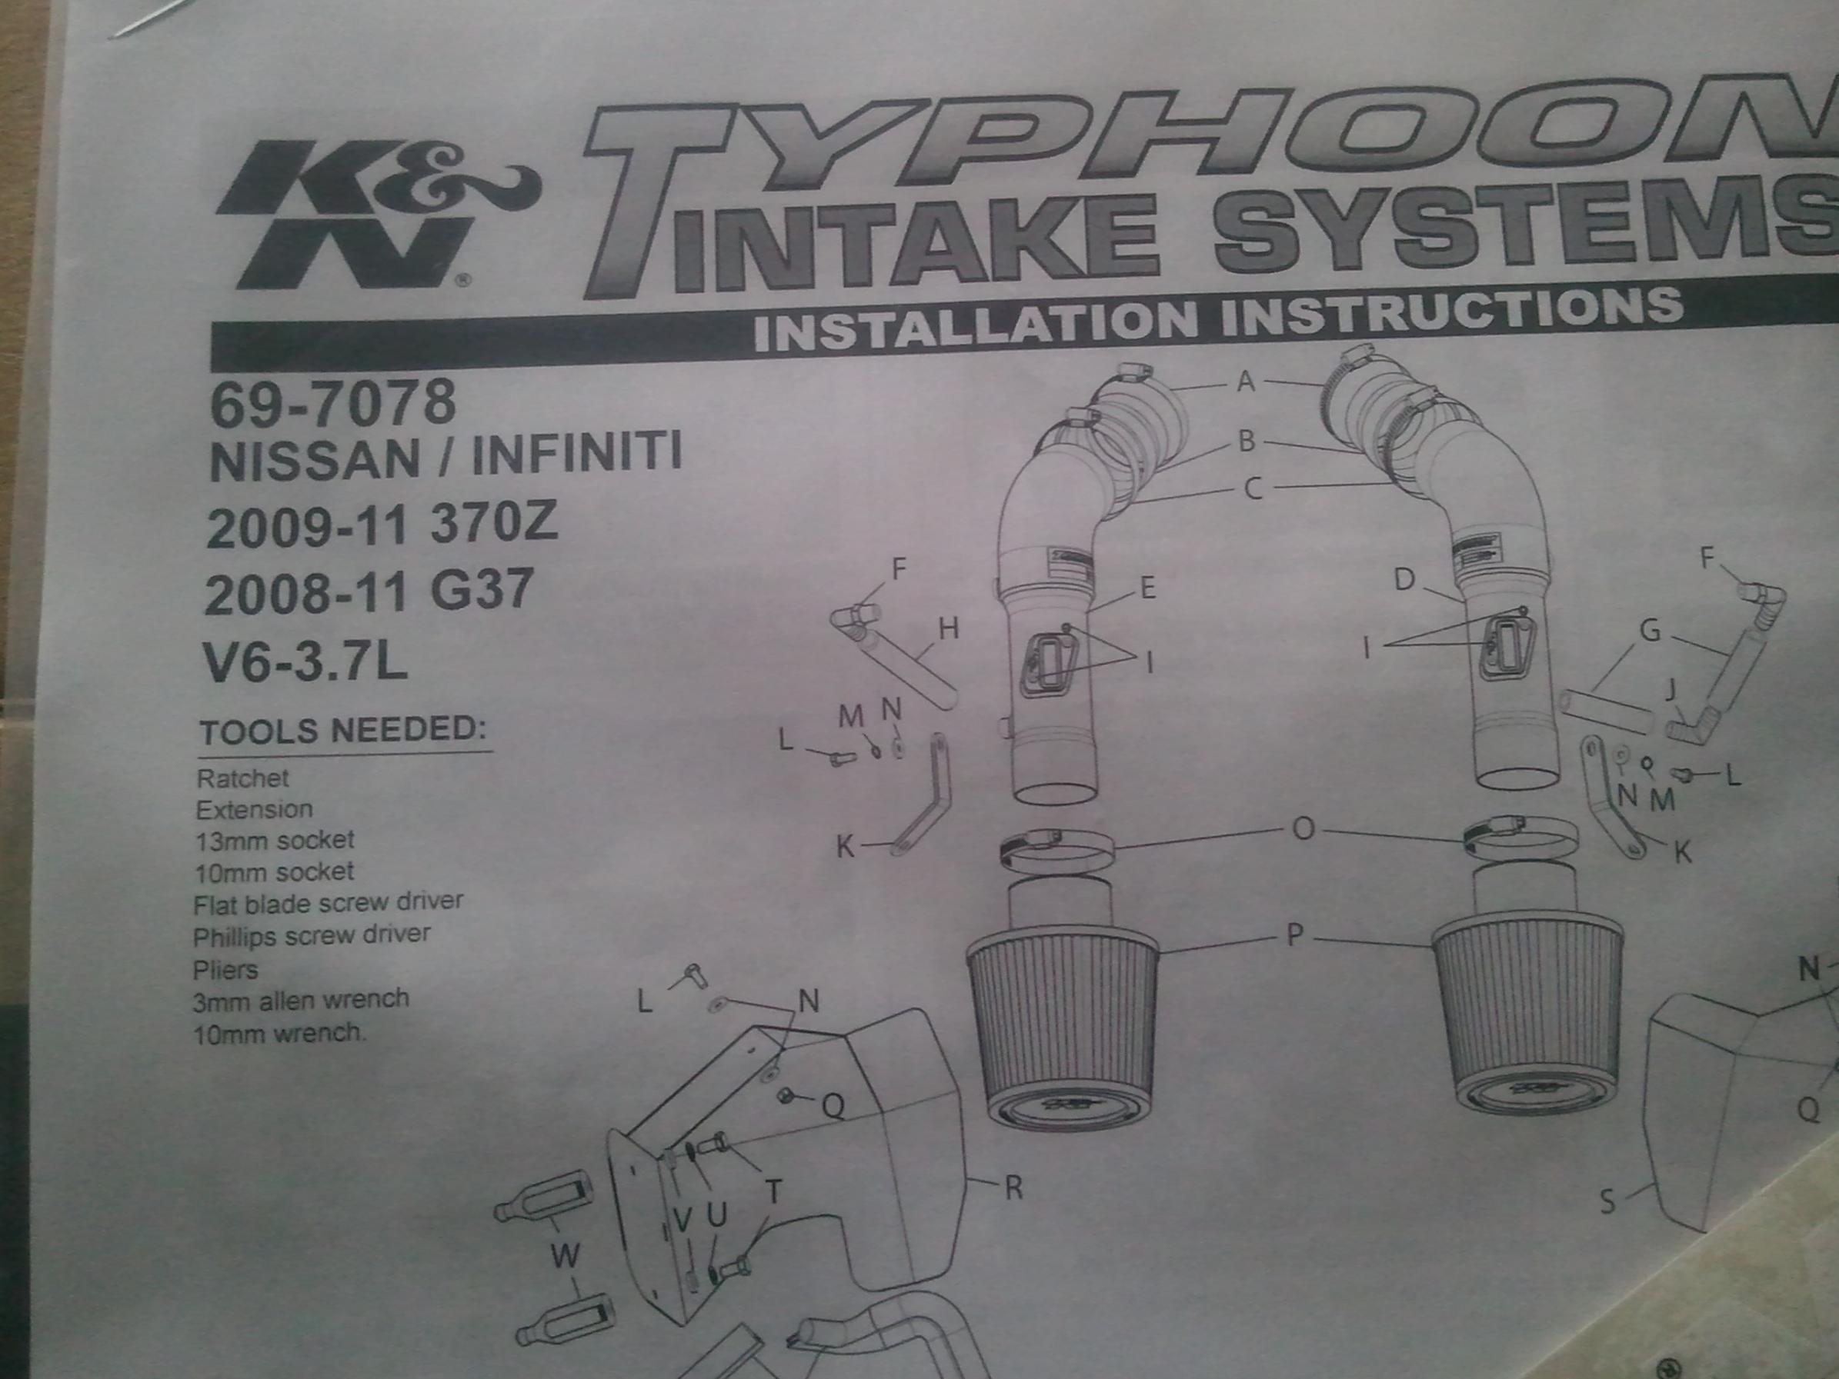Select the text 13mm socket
click(x=275, y=841)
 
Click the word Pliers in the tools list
click(x=225, y=970)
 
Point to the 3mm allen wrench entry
click(x=301, y=1000)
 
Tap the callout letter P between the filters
click(x=1294, y=936)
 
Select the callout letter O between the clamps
click(x=1303, y=830)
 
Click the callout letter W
click(x=565, y=1256)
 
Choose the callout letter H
click(x=949, y=629)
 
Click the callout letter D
click(x=1404, y=579)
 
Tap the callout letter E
click(x=1148, y=588)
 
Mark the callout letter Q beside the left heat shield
click(x=833, y=1105)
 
